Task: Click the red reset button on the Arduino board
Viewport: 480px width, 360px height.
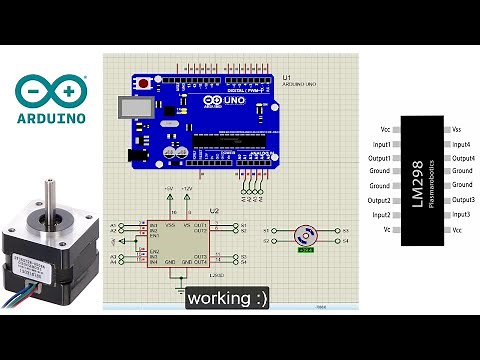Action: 145,83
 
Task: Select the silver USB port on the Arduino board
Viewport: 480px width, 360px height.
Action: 127,107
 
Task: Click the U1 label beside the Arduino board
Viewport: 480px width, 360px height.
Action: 287,77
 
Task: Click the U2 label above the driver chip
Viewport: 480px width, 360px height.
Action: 213,212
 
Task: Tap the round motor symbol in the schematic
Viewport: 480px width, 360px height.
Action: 305,235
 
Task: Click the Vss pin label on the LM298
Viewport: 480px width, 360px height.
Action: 457,129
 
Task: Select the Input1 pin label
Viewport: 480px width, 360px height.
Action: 380,144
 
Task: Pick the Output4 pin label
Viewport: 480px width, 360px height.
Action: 462,158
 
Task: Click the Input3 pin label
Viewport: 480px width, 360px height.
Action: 461,215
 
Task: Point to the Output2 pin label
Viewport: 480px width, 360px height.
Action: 379,201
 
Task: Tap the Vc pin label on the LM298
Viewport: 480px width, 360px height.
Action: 386,230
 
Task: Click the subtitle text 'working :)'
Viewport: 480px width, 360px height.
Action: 228,298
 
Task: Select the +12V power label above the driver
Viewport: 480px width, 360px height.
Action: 186,188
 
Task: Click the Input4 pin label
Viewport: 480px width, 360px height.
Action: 461,144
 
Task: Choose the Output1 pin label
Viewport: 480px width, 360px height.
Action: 379,158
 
